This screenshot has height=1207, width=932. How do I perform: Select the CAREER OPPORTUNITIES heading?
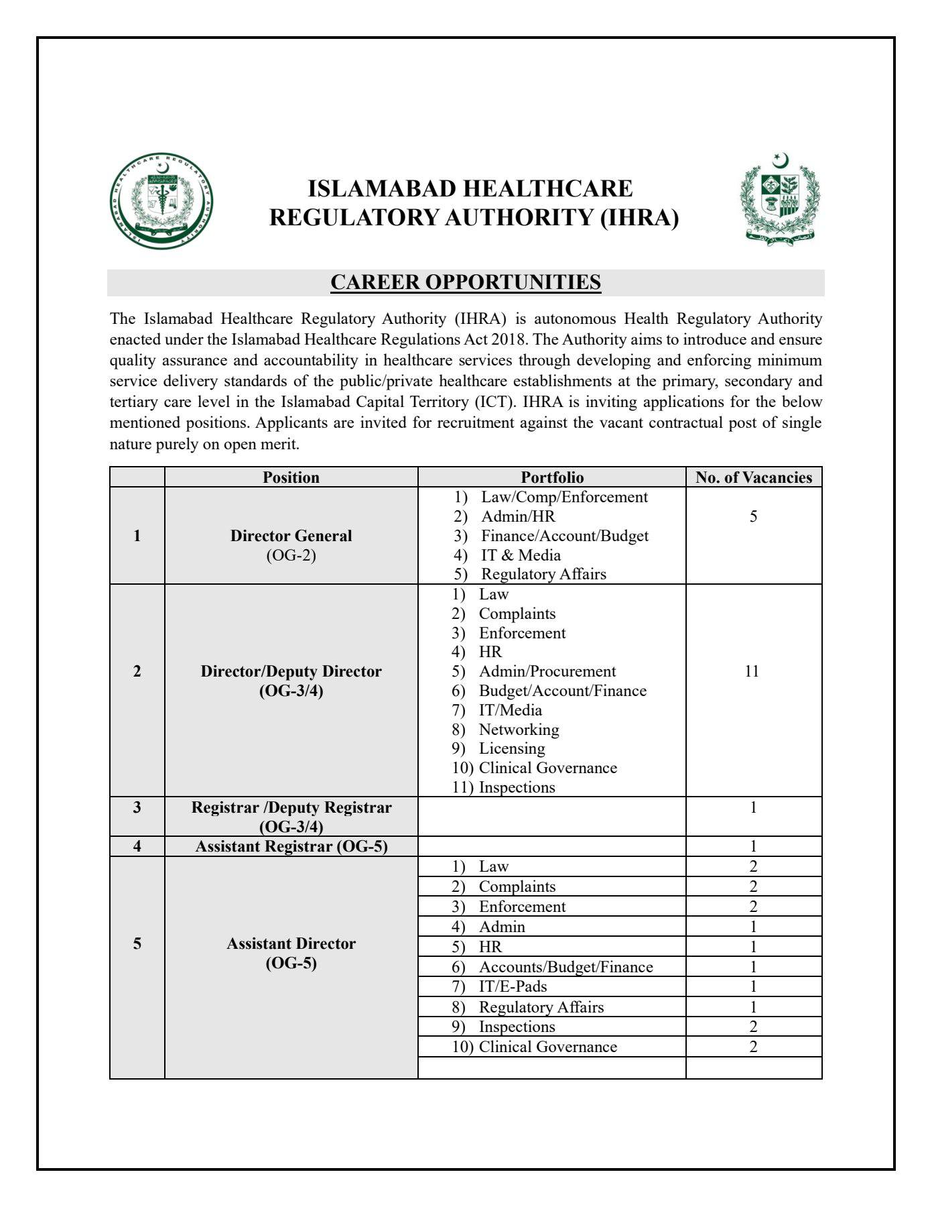pyautogui.click(x=466, y=282)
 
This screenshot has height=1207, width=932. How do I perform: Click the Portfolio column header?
pyautogui.click(x=552, y=477)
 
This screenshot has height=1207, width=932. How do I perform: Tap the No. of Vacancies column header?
pyautogui.click(x=753, y=477)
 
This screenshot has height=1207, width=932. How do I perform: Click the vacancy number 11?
pyautogui.click(x=752, y=671)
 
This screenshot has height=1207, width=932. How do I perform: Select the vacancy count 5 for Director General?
pyautogui.click(x=753, y=516)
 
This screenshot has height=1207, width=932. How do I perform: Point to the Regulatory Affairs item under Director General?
pyautogui.click(x=543, y=574)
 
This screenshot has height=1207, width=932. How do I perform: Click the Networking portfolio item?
pyautogui.click(x=519, y=730)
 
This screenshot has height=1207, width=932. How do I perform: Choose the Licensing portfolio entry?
pyautogui.click(x=512, y=748)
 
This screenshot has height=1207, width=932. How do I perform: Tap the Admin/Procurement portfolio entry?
pyautogui.click(x=547, y=671)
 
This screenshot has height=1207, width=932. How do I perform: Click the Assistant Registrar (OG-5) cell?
pyautogui.click(x=291, y=846)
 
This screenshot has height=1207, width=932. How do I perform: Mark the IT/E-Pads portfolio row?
pyautogui.click(x=513, y=986)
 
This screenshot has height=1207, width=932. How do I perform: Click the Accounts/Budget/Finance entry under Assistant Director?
pyautogui.click(x=565, y=967)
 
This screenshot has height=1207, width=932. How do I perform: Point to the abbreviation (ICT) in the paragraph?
pyautogui.click(x=496, y=402)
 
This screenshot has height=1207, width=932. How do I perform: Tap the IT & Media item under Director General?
pyautogui.click(x=521, y=555)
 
